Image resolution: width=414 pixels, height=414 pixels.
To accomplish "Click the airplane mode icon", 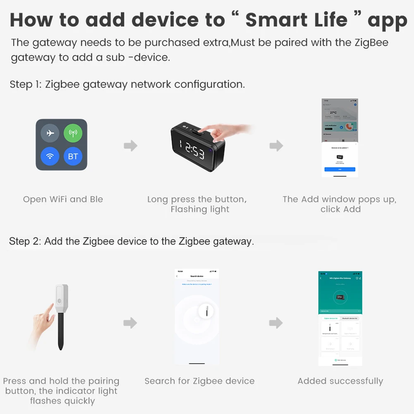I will tap(50, 133).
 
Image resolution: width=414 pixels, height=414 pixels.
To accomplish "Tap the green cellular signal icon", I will tap(73, 133).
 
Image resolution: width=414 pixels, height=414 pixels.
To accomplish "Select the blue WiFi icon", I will tap(50, 156).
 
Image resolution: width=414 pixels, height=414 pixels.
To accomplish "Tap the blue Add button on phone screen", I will tap(340, 170).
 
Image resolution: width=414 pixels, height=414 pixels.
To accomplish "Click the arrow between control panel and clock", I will tap(130, 146).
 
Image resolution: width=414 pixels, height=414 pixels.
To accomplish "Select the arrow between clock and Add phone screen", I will tap(276, 146).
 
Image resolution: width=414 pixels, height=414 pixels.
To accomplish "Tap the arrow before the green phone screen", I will tap(276, 323).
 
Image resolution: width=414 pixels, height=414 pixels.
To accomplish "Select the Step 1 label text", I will tap(26, 84).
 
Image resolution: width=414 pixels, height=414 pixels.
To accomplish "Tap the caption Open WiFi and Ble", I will tap(63, 199).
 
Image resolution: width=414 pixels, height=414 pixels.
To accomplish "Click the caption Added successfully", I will tap(340, 381).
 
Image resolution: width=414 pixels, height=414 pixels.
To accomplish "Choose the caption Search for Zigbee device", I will tap(199, 381).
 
